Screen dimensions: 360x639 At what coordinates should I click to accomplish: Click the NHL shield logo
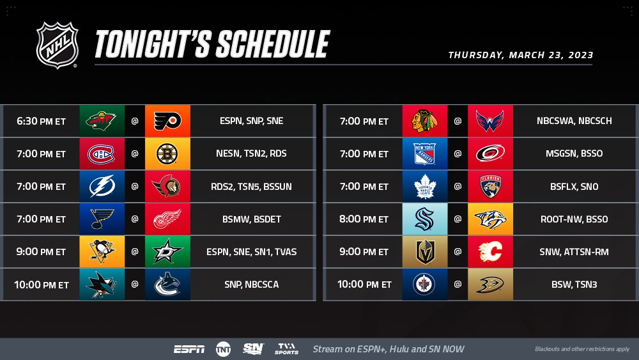[58, 45]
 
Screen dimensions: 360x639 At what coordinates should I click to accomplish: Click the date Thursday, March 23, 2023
[521, 55]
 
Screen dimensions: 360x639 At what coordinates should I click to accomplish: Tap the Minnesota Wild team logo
[102, 121]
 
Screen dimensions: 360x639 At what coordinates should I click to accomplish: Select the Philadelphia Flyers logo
[167, 121]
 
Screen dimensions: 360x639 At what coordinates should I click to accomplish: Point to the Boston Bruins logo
[167, 153]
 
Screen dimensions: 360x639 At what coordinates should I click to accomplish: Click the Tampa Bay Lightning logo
[102, 187]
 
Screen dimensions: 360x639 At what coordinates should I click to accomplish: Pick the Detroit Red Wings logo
[167, 219]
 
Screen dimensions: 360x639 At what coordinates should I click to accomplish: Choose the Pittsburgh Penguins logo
[102, 252]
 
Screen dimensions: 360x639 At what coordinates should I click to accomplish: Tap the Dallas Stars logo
[167, 252]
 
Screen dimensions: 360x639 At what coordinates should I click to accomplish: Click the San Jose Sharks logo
[102, 285]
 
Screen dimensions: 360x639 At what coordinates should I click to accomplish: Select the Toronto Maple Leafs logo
[424, 187]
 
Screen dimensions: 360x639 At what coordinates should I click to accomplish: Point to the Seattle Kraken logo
[424, 219]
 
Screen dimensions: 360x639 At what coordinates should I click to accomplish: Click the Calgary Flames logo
[490, 252]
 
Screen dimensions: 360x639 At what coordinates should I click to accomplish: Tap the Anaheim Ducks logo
[490, 285]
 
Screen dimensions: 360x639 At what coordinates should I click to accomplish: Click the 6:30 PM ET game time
[42, 121]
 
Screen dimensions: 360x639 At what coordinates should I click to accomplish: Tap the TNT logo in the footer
[223, 349]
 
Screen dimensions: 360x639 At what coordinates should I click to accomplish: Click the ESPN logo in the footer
[189, 349]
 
